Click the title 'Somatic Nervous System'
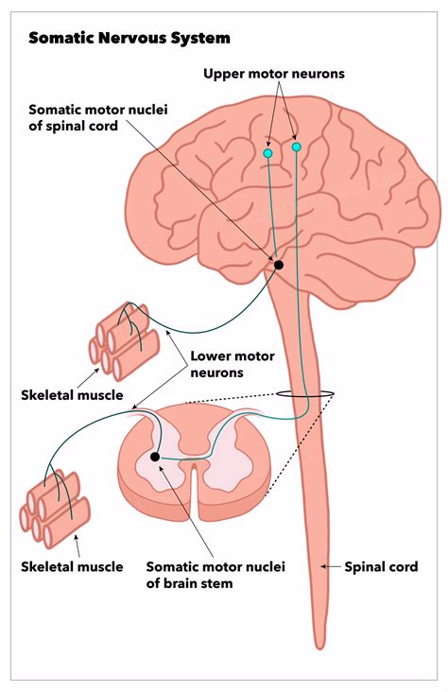[129, 39]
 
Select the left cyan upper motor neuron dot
[268, 152]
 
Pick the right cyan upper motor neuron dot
[297, 147]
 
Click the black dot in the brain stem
[279, 265]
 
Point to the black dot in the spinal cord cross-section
[156, 457]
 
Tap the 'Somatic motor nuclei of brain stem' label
[215, 575]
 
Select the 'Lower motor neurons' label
[232, 365]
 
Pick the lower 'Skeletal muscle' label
[72, 567]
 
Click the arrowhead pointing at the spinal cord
[324, 566]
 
